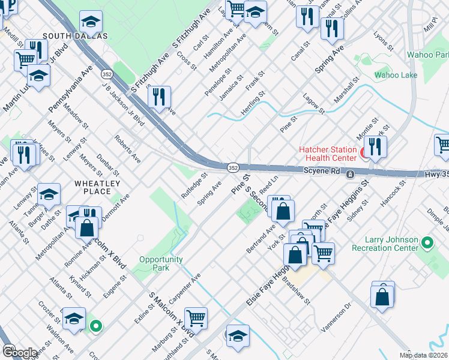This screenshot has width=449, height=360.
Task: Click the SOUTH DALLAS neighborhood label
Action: click(x=75, y=36)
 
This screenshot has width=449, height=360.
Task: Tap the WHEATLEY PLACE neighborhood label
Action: click(x=97, y=187)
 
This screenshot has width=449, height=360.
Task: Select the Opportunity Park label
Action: click(x=161, y=263)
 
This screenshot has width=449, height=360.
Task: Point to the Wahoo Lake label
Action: click(x=396, y=75)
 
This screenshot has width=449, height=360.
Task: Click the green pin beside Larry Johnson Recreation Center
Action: click(x=427, y=243)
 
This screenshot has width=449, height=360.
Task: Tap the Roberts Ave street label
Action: click(x=128, y=149)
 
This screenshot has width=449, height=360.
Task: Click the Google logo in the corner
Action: click(x=20, y=352)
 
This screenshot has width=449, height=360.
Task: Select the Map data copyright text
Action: click(x=424, y=355)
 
